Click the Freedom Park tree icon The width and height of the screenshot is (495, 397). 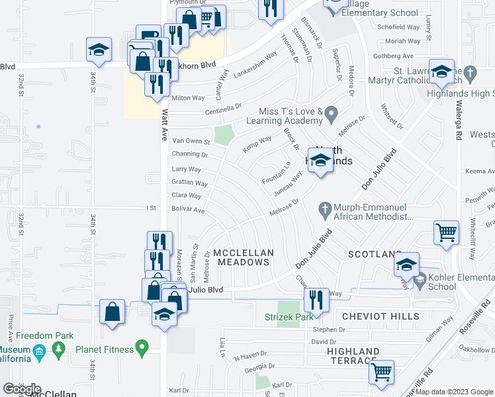[60, 347]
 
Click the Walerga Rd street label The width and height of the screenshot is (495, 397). [458, 126]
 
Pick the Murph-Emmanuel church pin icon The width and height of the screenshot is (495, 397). [324, 208]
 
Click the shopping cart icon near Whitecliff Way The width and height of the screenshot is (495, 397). [446, 233]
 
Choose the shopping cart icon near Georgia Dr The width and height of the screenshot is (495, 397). [381, 373]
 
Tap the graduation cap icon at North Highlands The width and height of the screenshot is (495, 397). [320, 161]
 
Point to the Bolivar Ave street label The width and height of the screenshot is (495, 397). [189, 210]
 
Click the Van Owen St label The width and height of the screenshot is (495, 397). [191, 141]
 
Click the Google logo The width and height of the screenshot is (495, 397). [22, 389]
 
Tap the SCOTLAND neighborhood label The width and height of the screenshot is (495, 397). [375, 254]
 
